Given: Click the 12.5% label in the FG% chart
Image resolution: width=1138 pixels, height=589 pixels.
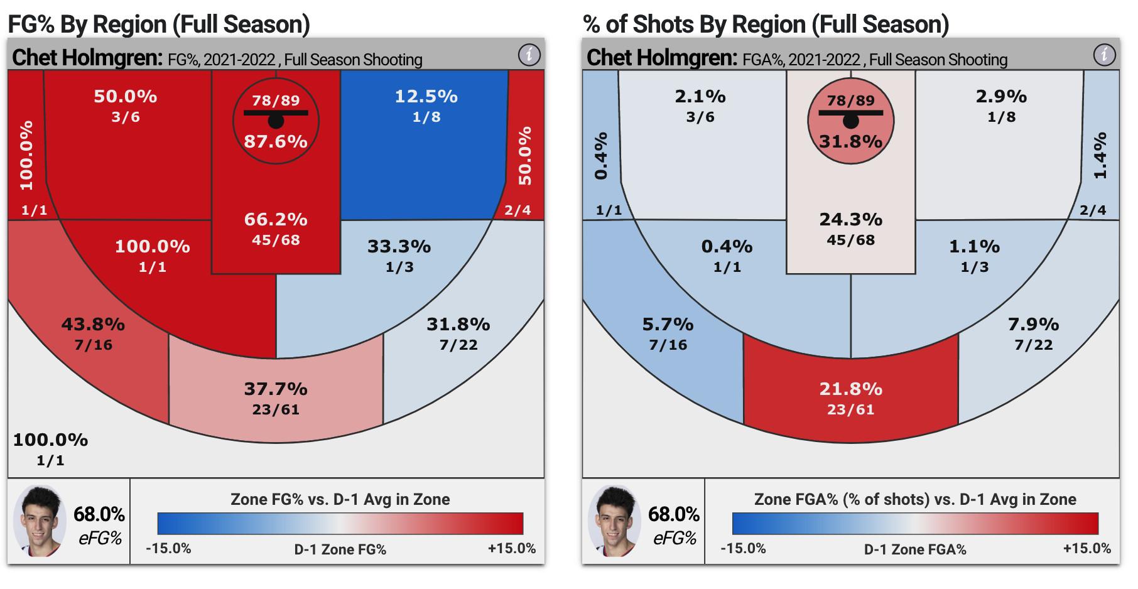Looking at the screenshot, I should (426, 97).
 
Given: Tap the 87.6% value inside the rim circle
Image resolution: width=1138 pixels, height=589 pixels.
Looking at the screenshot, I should (276, 141).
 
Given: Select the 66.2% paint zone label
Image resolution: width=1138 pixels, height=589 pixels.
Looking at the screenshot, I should (276, 220).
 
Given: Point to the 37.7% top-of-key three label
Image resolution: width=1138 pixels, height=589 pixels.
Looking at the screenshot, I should (276, 389).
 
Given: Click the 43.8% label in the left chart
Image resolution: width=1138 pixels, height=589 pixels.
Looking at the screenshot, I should (93, 325).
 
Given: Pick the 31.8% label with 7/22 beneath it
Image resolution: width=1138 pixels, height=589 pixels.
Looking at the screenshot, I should (458, 325).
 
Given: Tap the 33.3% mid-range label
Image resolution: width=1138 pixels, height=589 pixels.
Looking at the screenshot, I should (399, 247).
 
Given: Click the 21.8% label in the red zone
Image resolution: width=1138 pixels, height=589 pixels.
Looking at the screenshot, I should (850, 389).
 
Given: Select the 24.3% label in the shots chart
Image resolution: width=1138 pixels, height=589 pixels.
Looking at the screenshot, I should (850, 220).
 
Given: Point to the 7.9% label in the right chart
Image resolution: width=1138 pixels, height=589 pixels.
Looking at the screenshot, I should (1033, 325).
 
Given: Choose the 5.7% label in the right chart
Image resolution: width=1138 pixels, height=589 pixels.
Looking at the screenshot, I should (668, 325).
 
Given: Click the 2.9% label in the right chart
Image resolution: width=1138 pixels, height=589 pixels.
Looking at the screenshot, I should (1001, 97).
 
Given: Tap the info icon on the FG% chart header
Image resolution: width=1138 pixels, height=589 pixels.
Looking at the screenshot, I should (529, 55).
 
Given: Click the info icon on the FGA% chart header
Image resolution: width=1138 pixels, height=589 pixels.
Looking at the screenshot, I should (1104, 55).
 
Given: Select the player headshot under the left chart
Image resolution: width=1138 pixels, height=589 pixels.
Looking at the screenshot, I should (40, 521).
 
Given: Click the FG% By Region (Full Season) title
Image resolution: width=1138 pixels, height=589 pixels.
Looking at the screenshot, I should (159, 24).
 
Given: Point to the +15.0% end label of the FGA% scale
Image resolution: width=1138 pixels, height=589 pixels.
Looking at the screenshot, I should (1087, 548).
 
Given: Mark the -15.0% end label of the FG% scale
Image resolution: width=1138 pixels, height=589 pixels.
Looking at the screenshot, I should (168, 548).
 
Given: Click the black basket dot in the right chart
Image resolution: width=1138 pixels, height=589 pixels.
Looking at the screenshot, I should (850, 121).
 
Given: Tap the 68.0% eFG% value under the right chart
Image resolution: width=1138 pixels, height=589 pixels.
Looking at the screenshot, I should (674, 514).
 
